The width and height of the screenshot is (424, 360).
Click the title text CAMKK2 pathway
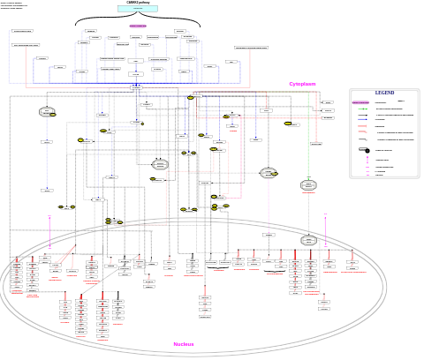coord(138,3)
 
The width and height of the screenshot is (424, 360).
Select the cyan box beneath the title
coord(138,9)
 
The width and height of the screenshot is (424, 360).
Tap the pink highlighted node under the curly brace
coord(138,26)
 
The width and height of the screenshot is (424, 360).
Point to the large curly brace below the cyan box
coord(138,19)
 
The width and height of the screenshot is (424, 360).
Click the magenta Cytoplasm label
coord(302,84)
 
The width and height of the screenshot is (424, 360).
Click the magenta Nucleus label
coord(184,344)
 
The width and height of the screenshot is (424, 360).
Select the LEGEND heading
coord(384,93)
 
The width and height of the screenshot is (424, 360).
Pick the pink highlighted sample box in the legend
coord(360,102)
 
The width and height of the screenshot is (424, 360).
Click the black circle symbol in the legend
coord(367,151)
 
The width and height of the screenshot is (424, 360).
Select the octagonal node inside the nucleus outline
coord(308,240)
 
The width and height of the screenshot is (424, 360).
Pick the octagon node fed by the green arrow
coord(308,185)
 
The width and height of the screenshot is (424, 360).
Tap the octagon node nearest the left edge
coord(47,112)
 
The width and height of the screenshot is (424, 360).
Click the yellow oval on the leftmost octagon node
coord(53,115)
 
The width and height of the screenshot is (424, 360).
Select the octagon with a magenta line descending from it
coord(268,174)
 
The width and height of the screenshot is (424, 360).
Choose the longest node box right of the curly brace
coord(251,48)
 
